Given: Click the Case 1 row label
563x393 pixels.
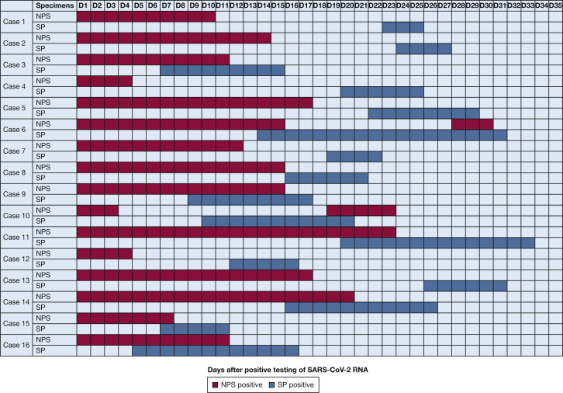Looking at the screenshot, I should [16, 21].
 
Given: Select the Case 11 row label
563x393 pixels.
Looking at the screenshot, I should [16, 237].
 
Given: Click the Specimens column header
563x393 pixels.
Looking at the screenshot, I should [54, 5].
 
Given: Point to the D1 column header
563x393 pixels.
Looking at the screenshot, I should [84, 5].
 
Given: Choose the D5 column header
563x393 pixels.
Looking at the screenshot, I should [139, 5].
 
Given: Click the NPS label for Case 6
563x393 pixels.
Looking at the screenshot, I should [43, 123].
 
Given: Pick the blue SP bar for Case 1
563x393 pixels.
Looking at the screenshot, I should [402, 26].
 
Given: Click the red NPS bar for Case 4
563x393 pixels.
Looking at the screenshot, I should [104, 81].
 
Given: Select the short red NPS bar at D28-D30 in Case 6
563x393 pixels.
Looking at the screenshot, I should [472, 123].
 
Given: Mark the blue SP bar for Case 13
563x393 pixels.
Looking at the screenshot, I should [465, 285].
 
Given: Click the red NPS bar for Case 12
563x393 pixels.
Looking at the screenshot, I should [104, 253].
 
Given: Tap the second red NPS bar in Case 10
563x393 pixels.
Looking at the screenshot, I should [361, 210].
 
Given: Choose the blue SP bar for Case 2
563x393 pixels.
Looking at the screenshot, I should [423, 48].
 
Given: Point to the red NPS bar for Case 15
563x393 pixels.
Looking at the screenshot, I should [125, 318].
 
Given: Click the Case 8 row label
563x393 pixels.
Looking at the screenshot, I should [16, 172].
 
